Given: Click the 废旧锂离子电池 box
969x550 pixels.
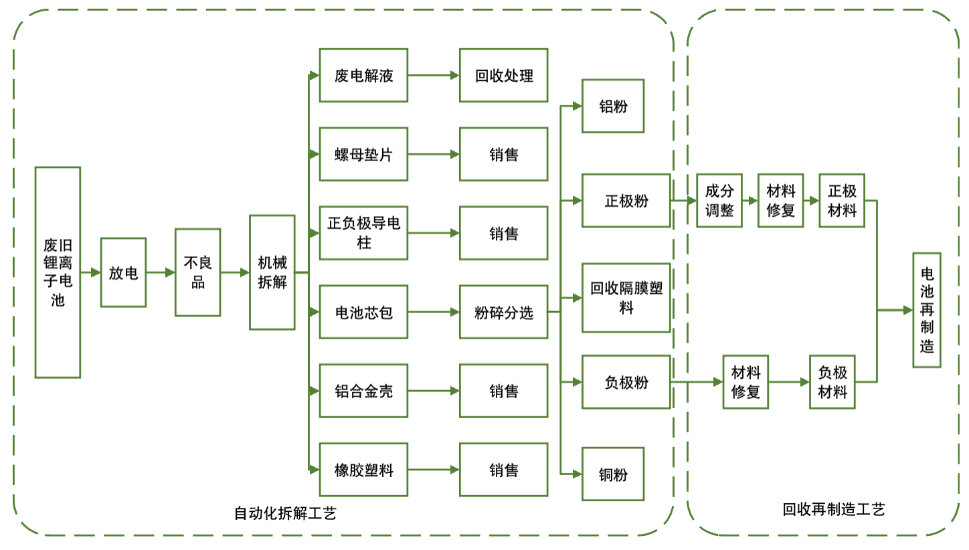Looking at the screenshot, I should (x=58, y=272).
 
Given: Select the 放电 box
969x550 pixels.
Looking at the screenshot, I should (x=123, y=272).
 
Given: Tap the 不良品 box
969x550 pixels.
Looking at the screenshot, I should (x=197, y=272).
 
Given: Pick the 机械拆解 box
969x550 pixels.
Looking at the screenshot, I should (x=272, y=272).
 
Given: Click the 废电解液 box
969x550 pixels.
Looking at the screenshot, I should (x=363, y=76).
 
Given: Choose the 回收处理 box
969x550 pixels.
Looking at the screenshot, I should (x=503, y=76).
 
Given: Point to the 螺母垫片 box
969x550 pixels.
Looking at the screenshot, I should (x=363, y=155).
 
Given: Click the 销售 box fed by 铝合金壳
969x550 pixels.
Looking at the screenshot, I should (x=503, y=391).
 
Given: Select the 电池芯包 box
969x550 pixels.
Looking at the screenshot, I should (x=363, y=312).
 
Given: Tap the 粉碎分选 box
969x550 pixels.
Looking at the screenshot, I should (x=503, y=312).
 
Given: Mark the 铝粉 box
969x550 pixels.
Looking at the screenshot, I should (x=612, y=106).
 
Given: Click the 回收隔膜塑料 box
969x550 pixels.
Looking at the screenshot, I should (x=626, y=298).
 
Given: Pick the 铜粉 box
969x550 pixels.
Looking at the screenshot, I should (x=612, y=474).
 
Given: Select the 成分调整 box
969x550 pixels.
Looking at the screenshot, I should (x=719, y=201).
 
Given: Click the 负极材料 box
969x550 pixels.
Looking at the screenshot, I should (x=832, y=382).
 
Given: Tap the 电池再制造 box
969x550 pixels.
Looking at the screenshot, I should (x=927, y=310).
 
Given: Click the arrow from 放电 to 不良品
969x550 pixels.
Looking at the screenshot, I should (x=161, y=272).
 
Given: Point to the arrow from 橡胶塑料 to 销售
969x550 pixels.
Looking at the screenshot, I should (x=434, y=470).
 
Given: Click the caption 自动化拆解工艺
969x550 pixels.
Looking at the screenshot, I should (x=285, y=514).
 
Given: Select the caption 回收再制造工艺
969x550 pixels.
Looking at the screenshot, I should (x=834, y=510).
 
